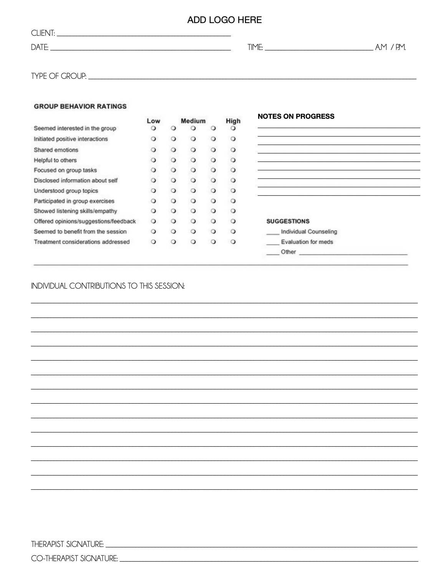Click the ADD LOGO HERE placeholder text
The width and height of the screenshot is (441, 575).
(x=224, y=20)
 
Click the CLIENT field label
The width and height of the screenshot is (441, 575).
(x=43, y=33)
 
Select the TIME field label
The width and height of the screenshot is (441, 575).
(x=255, y=47)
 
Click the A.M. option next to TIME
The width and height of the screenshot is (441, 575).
(x=381, y=47)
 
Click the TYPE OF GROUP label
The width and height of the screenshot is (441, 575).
(x=58, y=76)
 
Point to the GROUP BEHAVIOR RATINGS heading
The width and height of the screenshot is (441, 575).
(x=80, y=106)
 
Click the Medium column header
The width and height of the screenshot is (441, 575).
(x=193, y=121)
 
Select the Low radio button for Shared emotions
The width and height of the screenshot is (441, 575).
(x=153, y=150)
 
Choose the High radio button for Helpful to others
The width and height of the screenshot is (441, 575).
(x=233, y=160)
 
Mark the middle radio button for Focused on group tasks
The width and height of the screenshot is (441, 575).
(x=193, y=170)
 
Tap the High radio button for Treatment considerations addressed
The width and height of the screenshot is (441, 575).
(x=233, y=242)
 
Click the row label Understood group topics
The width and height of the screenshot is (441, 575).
(x=66, y=191)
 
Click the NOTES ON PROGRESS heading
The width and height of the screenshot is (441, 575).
(x=296, y=116)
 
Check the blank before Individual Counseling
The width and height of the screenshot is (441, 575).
(x=272, y=232)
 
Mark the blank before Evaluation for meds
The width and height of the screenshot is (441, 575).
(x=272, y=243)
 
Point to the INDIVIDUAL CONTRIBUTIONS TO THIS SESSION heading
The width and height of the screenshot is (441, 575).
(x=108, y=286)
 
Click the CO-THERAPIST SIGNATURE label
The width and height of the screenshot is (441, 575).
(x=74, y=558)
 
